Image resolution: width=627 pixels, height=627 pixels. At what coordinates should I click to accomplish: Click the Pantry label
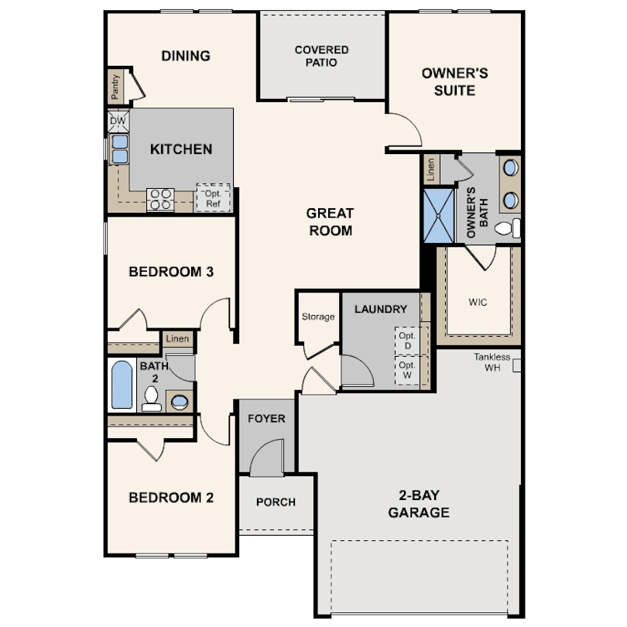pos(115,87)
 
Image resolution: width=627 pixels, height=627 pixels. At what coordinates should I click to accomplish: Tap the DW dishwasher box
pos(118,122)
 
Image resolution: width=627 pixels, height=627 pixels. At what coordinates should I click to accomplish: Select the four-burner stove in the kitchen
pos(160,200)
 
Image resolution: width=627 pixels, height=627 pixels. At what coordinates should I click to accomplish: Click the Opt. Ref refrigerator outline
pos(213,198)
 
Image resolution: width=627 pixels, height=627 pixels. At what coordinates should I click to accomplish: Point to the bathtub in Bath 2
pos(122,385)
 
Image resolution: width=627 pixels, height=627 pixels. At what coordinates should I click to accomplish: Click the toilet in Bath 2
pos(152,399)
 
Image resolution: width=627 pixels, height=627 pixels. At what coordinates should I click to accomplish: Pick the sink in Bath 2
pos(180,402)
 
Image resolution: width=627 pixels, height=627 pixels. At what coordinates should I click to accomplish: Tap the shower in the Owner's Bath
pos(439,216)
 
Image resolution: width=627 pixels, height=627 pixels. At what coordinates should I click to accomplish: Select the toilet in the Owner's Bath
pos(508,228)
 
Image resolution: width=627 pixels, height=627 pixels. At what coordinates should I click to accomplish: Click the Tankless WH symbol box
pos(516,365)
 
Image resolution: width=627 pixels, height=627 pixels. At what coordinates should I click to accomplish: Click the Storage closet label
pos(318,317)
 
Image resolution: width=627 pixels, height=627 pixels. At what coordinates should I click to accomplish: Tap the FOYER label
pos(266,419)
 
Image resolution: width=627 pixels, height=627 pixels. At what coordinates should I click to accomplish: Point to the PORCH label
pos(276,502)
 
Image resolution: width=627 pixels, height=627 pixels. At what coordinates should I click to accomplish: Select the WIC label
pos(478,302)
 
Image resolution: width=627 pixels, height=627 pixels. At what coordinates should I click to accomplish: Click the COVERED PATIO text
pos(321,56)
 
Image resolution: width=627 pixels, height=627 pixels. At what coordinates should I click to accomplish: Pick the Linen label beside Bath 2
pos(177,339)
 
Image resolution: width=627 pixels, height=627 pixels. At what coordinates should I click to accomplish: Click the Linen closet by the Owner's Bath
pos(431,170)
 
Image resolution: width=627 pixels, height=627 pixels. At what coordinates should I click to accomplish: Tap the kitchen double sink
pos(119,149)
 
